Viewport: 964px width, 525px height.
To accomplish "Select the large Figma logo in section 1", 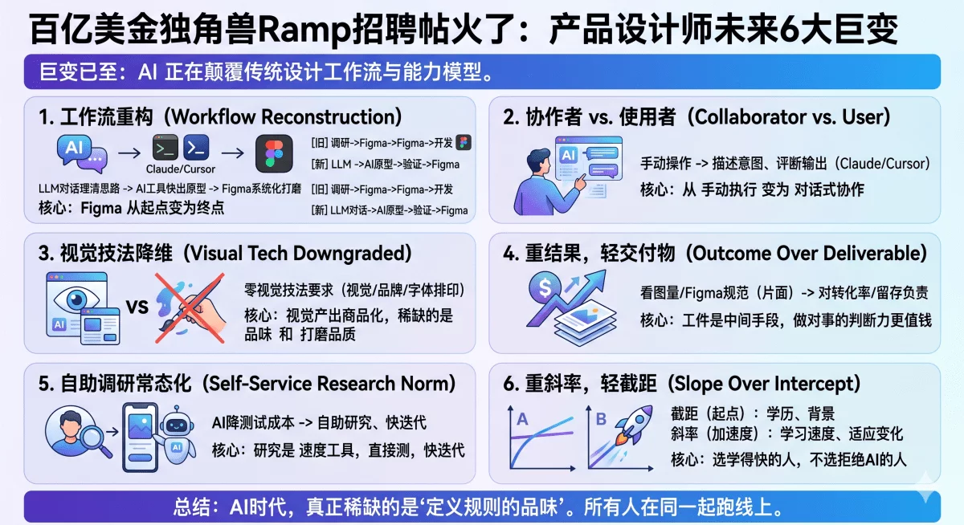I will pyautogui.click(x=275, y=153).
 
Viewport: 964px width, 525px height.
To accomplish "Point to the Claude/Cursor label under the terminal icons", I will pyautogui.click(x=181, y=169).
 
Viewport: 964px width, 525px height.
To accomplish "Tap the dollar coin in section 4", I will pyautogui.click(x=545, y=285).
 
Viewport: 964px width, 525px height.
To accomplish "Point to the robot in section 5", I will pyautogui.click(x=178, y=438).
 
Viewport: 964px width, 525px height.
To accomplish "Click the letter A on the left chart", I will pyautogui.click(x=522, y=418).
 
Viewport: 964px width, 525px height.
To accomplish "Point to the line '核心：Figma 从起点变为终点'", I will pyautogui.click(x=132, y=207).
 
